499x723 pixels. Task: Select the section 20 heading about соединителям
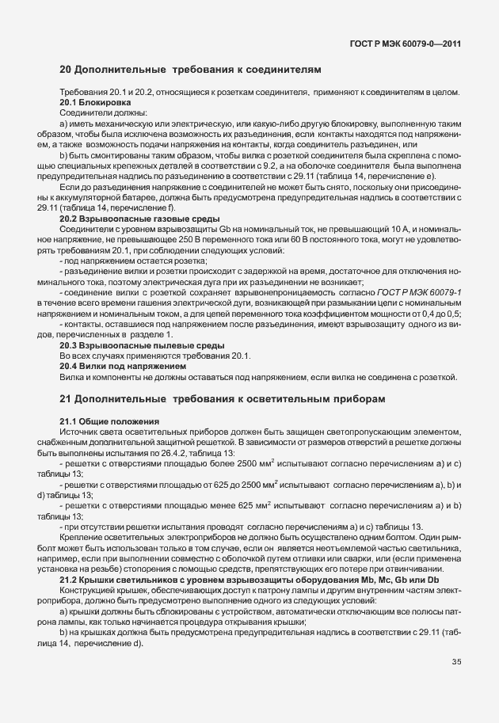coord(191,70)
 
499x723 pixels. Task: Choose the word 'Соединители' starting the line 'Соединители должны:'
coord(85,115)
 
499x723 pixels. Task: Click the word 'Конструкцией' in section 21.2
coord(88,590)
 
